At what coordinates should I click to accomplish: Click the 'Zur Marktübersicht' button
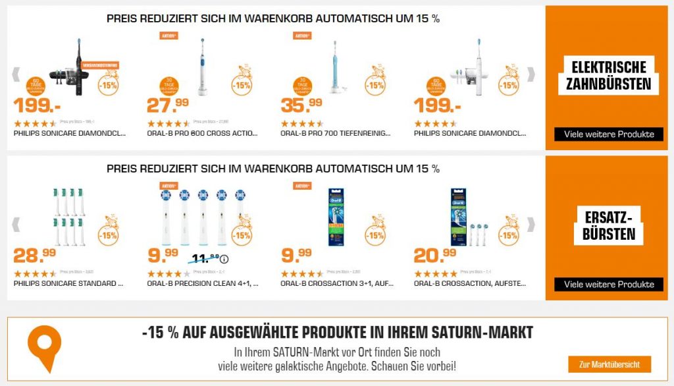[x=609, y=364]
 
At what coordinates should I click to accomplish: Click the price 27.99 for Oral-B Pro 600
[x=168, y=105]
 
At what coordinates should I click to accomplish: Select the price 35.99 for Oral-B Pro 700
[x=301, y=105]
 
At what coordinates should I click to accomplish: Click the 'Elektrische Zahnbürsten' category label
[x=609, y=76]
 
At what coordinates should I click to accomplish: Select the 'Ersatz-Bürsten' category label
[x=609, y=225]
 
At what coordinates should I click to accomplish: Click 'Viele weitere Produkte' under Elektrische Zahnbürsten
[x=609, y=134]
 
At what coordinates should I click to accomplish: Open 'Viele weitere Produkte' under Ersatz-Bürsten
[x=609, y=284]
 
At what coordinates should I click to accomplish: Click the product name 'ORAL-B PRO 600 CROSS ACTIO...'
[x=194, y=133]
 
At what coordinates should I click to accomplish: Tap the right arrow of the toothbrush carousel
[x=531, y=74]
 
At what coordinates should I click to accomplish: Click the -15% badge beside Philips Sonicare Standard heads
[x=109, y=234]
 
